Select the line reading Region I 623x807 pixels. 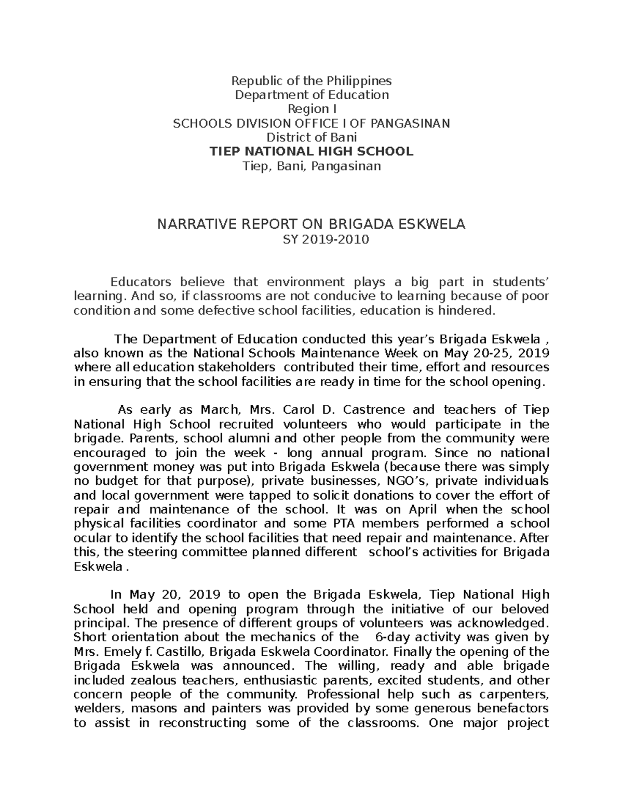[x=311, y=109]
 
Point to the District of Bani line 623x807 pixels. [x=311, y=138]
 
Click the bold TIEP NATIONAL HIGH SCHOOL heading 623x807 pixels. [x=311, y=152]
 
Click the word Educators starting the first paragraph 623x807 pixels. [x=141, y=282]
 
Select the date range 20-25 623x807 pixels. [x=488, y=353]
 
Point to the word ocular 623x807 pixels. [x=91, y=537]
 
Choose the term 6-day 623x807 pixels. [x=384, y=637]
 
